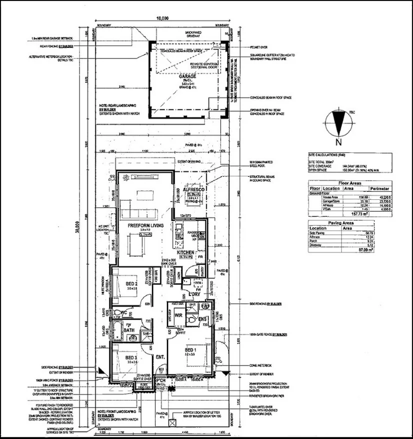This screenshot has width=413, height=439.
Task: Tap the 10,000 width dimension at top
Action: (x=162, y=18)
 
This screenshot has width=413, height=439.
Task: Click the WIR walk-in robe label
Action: (x=178, y=316)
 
